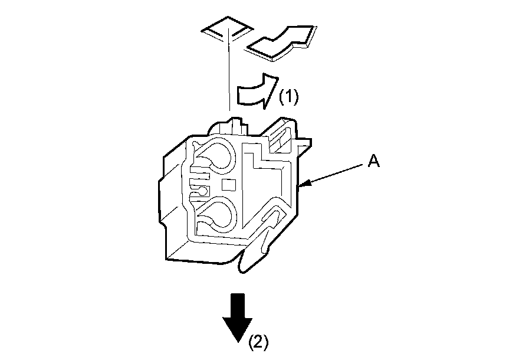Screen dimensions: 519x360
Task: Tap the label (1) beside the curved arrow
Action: pos(288,96)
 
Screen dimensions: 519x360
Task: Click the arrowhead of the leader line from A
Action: pos(303,187)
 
